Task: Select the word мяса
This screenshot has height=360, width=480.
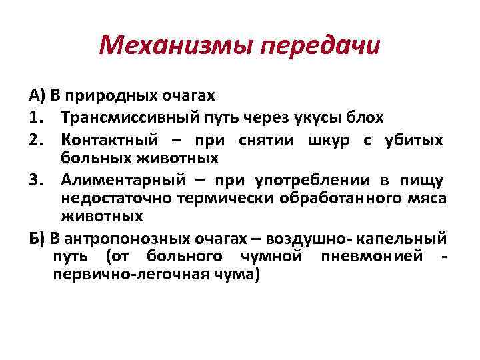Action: tap(427, 198)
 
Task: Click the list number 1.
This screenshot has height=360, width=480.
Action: tap(36, 118)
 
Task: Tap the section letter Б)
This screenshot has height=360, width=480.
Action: tap(36, 239)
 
